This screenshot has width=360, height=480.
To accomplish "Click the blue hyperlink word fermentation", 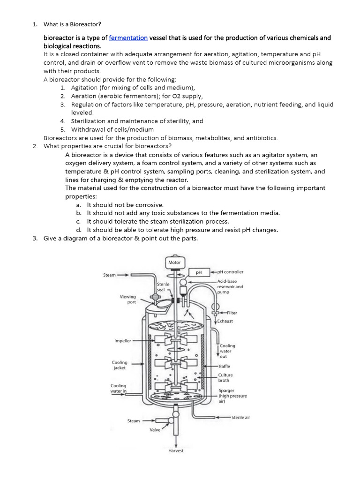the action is click(x=128, y=38).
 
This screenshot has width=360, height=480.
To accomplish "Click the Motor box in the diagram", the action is click(x=174, y=262).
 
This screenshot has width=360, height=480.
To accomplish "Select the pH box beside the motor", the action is click(x=199, y=272).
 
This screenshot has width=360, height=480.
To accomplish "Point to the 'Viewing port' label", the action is click(x=128, y=300).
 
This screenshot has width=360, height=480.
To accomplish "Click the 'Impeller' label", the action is click(x=122, y=341).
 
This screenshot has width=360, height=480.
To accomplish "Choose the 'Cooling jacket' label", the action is click(x=119, y=365).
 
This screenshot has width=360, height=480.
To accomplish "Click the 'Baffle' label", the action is click(x=225, y=366).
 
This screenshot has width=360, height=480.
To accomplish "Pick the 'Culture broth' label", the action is click(x=225, y=378).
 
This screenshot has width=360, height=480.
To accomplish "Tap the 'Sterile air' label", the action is click(x=241, y=417).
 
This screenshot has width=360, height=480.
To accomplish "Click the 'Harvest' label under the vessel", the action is click(x=176, y=451).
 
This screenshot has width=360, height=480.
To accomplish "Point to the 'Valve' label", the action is click(x=155, y=430).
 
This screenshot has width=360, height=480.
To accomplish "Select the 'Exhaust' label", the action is click(x=225, y=322).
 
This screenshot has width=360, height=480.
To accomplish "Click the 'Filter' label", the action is click(x=232, y=313).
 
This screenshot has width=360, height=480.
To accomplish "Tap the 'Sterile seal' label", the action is click(x=163, y=287).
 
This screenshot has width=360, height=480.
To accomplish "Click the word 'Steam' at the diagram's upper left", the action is click(x=109, y=275).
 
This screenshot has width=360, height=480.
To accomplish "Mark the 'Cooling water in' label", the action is click(x=118, y=388).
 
